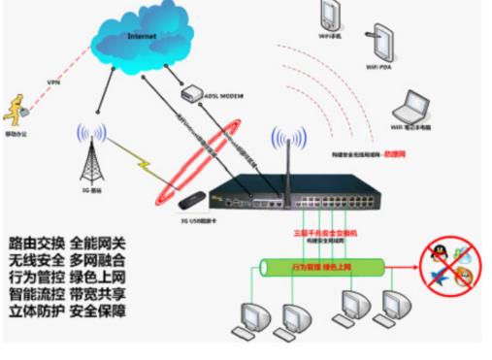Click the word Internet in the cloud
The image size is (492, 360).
pyautogui.click(x=143, y=36)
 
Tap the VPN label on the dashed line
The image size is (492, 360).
pyautogui.click(x=54, y=82)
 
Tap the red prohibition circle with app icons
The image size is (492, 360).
pyautogui.click(x=448, y=270)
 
